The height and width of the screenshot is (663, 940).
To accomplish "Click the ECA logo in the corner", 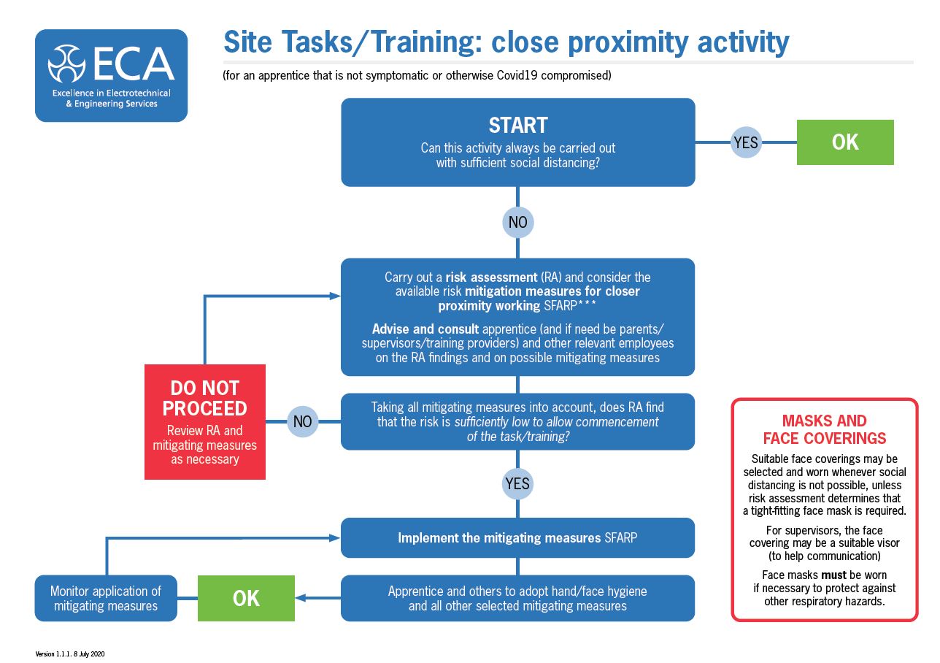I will coord(111,75).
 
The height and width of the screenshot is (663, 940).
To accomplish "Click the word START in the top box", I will coord(517,125).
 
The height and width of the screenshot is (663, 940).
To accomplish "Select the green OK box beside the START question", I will coord(845,142).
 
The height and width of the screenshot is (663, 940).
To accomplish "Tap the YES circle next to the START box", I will coord(745,142).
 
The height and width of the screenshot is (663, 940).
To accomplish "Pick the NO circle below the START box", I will coord(517,221).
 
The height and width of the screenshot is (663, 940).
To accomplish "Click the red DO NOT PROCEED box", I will coord(205,422).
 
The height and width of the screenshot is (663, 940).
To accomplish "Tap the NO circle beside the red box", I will coord(302,421).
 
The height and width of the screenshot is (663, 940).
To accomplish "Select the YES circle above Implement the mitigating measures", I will coord(517,483).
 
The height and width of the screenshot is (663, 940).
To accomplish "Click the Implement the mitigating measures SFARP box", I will coord(517,538).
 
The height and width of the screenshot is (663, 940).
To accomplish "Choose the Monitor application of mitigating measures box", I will coord(106,598).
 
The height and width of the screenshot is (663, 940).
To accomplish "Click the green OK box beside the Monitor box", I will coord(246,598).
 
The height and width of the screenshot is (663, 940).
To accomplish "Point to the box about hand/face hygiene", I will coord(517,598).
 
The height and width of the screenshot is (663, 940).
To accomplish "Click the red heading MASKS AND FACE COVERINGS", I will coord(824,429).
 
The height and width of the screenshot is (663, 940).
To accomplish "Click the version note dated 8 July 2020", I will coord(70,654).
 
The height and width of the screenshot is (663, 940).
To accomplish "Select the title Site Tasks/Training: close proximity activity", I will coord(506,42).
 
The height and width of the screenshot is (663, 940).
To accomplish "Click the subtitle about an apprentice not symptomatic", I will coord(417,76).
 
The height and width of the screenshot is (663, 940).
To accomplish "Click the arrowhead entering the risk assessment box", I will coord(336,296).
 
